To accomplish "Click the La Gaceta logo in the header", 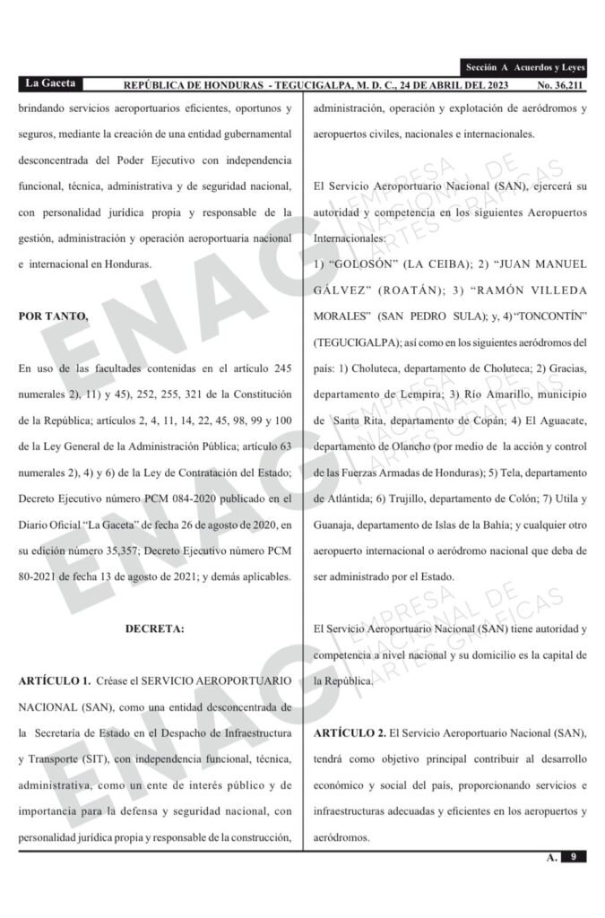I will click(x=50, y=83).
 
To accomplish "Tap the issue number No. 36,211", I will click(x=561, y=85).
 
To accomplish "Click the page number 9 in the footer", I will click(x=572, y=857).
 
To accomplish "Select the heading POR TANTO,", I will click(x=54, y=316).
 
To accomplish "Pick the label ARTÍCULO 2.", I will click(x=350, y=733).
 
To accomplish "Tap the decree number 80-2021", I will click(x=41, y=577).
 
